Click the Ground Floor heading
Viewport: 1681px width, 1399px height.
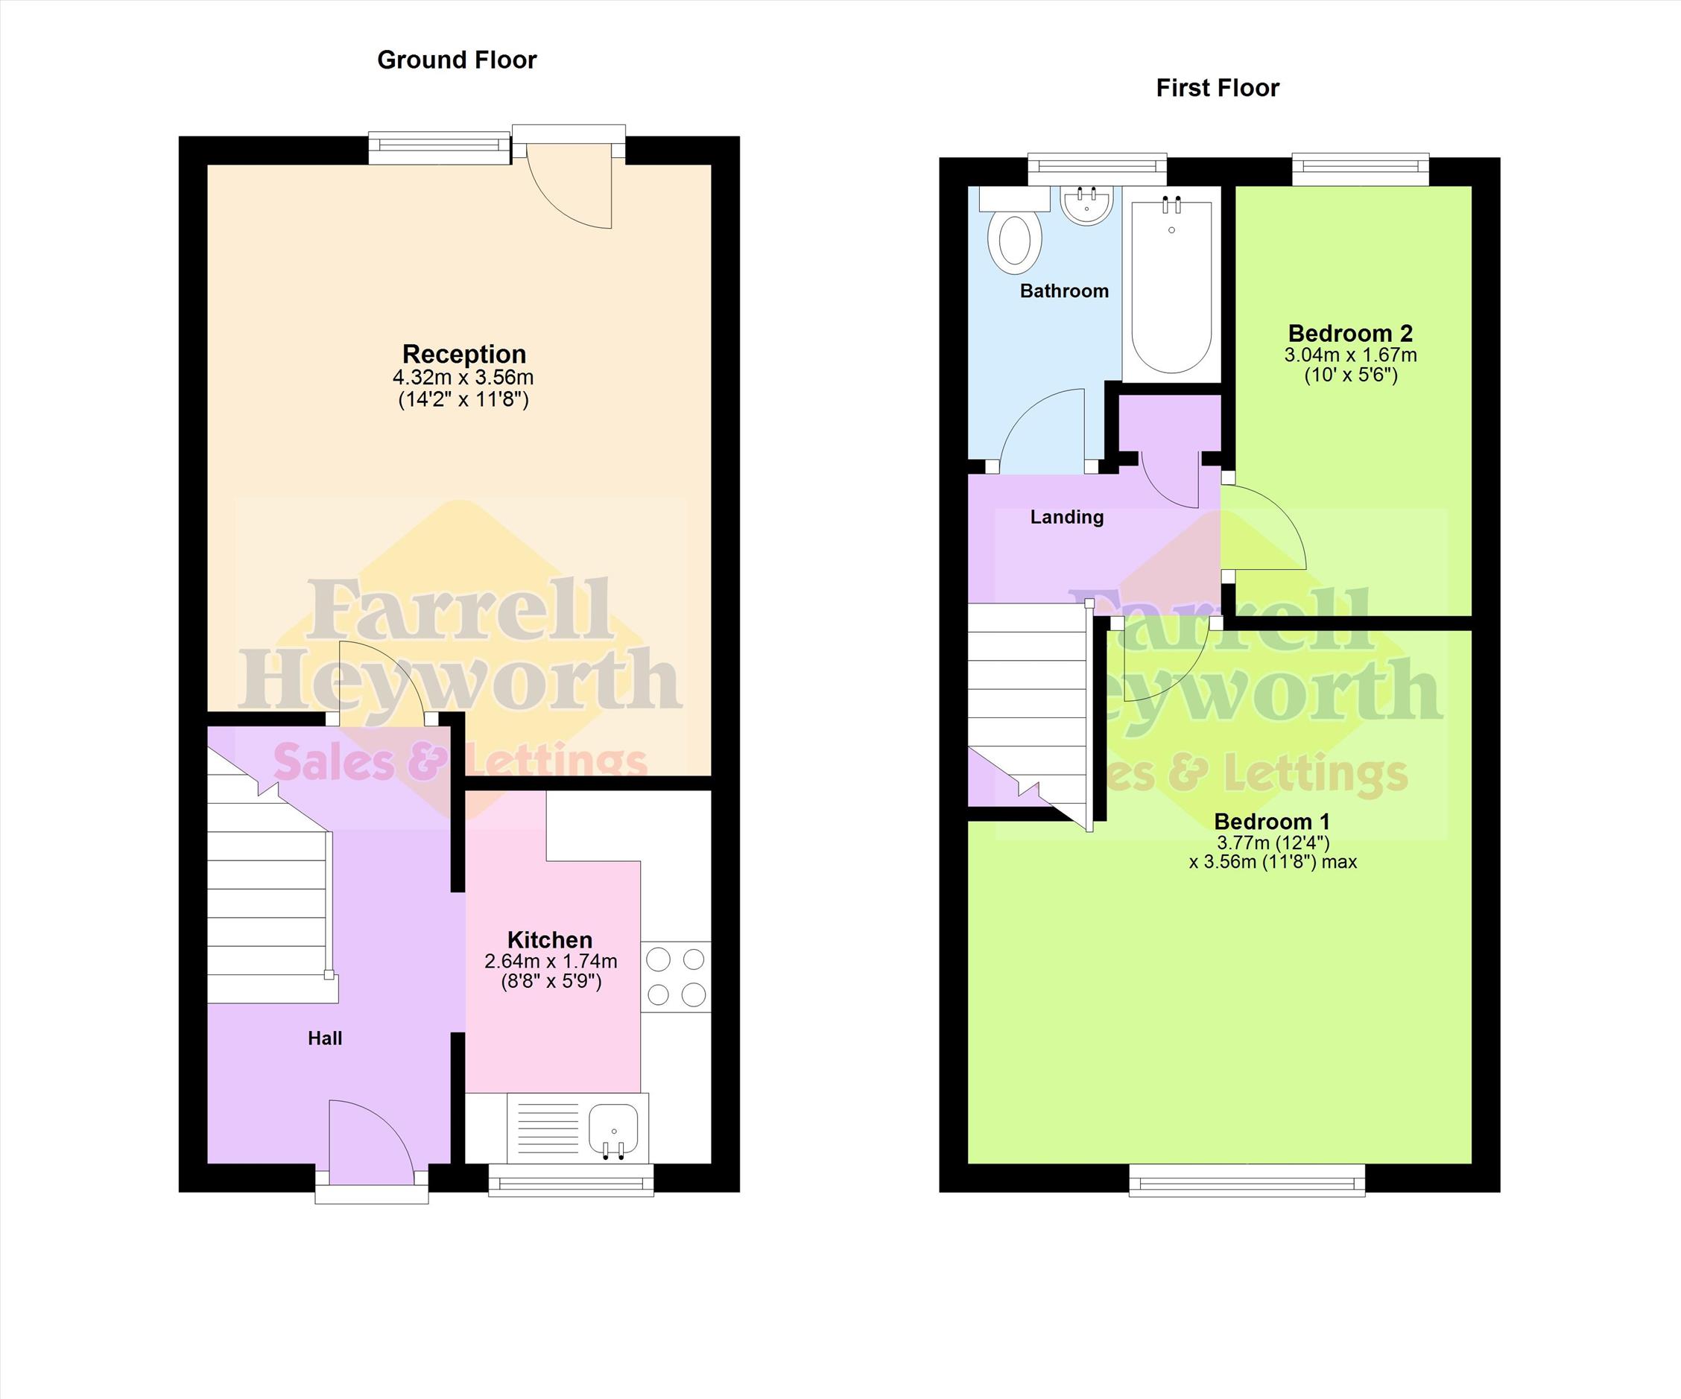point(456,60)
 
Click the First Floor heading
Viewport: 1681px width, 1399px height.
point(1218,88)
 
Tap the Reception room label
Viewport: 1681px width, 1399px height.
point(464,354)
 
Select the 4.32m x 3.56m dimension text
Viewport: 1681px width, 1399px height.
point(463,378)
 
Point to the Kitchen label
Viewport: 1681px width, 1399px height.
point(550,939)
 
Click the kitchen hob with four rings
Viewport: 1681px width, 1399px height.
point(676,977)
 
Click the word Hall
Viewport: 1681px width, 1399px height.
point(325,1038)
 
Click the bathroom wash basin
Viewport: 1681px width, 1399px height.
point(1086,205)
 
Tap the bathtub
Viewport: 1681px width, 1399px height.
point(1172,285)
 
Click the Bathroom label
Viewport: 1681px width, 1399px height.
point(1065,291)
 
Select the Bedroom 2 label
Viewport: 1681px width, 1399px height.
point(1350,333)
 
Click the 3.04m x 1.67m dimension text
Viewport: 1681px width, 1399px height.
point(1350,355)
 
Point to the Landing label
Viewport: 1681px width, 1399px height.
point(1067,517)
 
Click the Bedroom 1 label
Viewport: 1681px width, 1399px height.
point(1272,821)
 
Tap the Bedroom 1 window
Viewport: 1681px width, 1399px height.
point(1247,1180)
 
